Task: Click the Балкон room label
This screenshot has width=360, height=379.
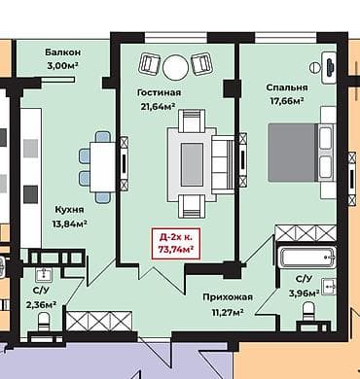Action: tap(62, 52)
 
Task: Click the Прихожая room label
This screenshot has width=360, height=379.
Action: tap(228, 297)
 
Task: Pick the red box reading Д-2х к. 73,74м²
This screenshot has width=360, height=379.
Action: tap(175, 243)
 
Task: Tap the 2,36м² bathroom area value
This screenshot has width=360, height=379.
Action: tap(40, 303)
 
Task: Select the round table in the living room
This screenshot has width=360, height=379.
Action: tap(176, 66)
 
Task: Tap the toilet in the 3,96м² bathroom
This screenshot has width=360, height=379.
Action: tap(310, 313)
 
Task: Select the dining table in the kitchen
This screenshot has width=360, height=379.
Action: tap(103, 159)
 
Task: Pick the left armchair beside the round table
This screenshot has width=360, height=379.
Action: tap(151, 65)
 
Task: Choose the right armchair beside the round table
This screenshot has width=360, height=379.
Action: tap(202, 65)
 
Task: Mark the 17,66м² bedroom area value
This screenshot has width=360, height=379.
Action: tap(285, 100)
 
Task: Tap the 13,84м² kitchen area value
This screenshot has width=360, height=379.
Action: tap(69, 224)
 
